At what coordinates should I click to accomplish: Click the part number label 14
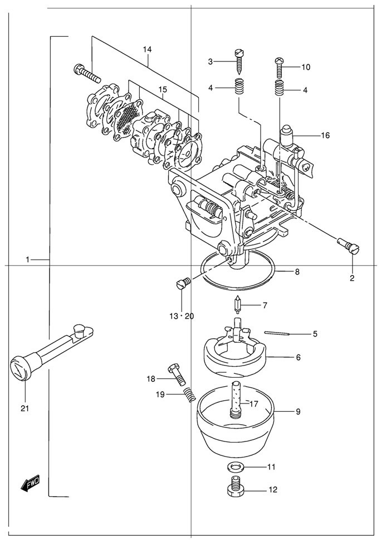pyautogui.click(x=147, y=50)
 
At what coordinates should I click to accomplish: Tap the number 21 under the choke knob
pyautogui.click(x=24, y=408)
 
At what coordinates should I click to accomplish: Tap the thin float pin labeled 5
pyautogui.click(x=277, y=334)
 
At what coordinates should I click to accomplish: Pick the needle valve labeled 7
pyautogui.click(x=237, y=305)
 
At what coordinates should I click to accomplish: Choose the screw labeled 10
pyautogui.click(x=280, y=67)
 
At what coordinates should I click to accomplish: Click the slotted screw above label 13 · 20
pyautogui.click(x=183, y=283)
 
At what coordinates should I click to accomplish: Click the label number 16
pyautogui.click(x=325, y=135)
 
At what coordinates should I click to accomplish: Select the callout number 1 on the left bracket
pyautogui.click(x=27, y=260)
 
